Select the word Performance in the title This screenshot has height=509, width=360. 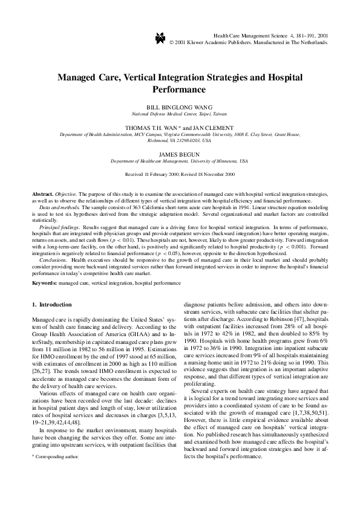[179, 89]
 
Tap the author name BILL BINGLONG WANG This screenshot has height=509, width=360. [179, 107]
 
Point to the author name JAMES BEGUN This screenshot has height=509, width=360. [179, 155]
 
